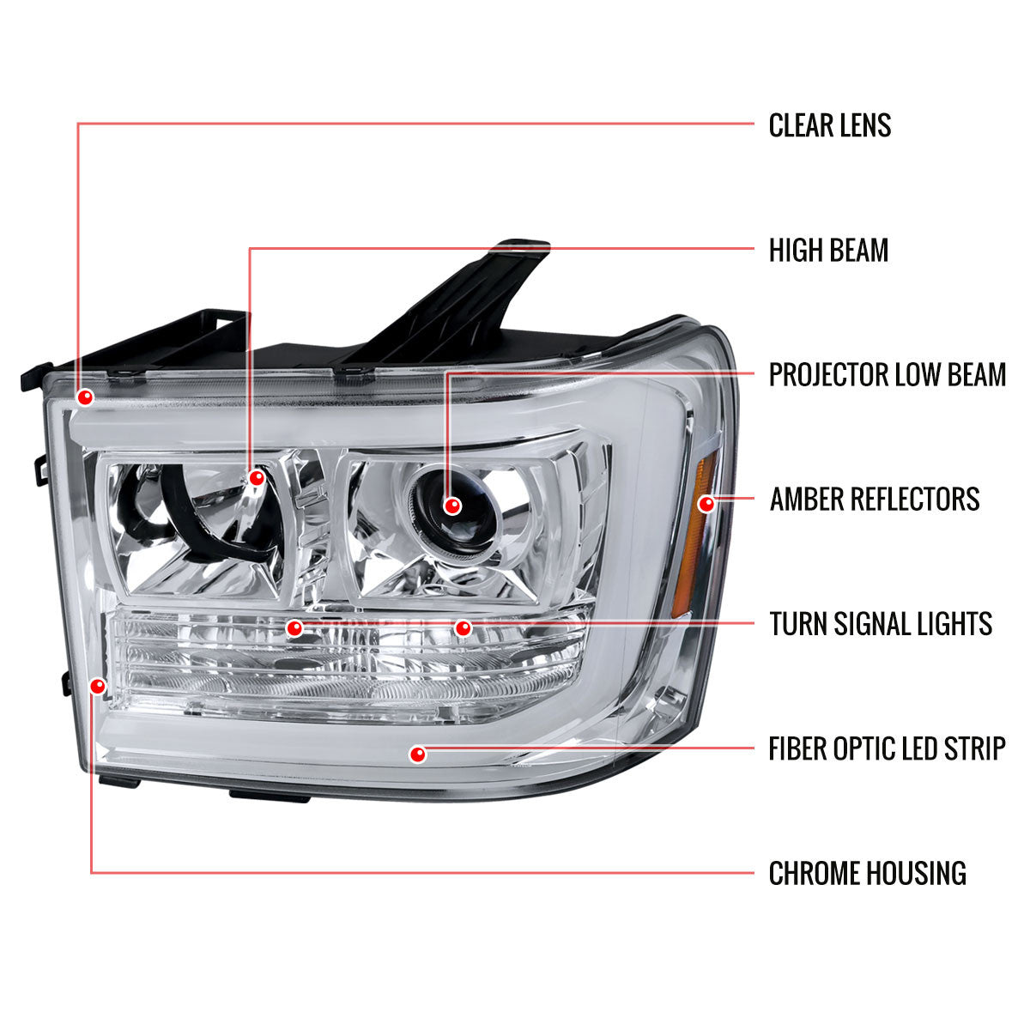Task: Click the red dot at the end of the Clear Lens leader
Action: coord(86,397)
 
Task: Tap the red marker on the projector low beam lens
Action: coord(452,506)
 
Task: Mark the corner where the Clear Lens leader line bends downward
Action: coord(79,124)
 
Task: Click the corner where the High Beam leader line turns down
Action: coord(250,249)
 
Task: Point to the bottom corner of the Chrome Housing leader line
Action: coord(92,873)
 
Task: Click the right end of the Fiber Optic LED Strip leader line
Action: coord(753,748)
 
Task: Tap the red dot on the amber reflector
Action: coord(706,504)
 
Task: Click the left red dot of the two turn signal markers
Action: coord(294,628)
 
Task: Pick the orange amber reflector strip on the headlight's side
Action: coord(694,535)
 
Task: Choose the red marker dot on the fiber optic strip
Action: coord(417,754)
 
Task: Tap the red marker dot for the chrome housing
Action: coord(98,686)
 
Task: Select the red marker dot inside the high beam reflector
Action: coord(257,477)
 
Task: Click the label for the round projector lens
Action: coord(888,375)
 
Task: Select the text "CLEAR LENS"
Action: coord(829,125)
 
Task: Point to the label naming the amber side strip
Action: coord(875,500)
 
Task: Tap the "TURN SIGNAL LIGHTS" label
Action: coord(881,624)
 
